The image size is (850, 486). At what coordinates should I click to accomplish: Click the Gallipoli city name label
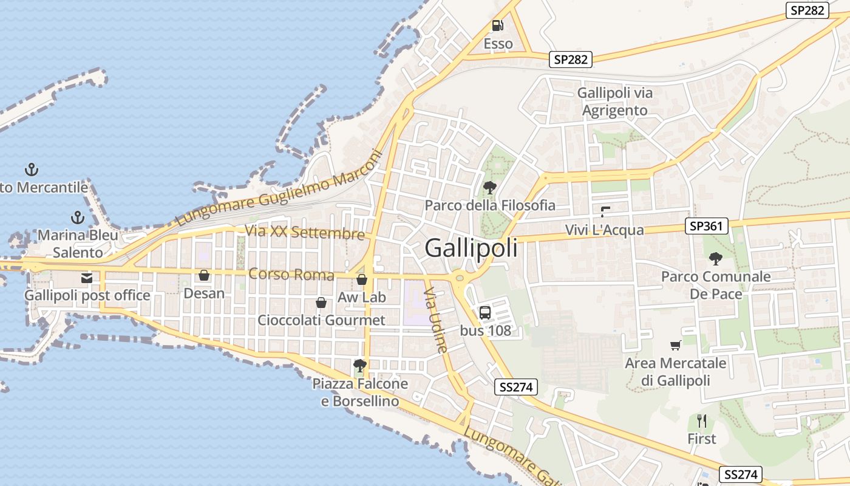click(471, 248)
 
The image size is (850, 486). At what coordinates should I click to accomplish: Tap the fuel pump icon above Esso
click(498, 26)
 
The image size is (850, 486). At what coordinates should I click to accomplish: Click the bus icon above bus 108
click(485, 313)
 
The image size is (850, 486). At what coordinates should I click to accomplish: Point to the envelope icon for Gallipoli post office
click(87, 278)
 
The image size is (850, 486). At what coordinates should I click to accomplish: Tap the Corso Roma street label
click(291, 274)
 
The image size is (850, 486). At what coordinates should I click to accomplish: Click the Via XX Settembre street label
click(305, 232)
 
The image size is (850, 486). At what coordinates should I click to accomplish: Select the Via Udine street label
click(437, 321)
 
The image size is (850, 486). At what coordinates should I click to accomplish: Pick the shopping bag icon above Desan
click(204, 276)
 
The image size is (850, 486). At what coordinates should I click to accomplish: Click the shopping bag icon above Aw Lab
click(362, 279)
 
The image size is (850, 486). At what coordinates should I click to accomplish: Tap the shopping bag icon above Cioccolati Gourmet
click(321, 303)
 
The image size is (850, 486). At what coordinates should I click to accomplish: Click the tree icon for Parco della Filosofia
click(490, 188)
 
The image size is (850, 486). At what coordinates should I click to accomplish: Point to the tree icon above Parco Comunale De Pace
click(716, 259)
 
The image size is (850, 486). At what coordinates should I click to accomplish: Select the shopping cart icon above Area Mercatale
click(676, 346)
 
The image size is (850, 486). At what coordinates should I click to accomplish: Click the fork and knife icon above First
click(702, 420)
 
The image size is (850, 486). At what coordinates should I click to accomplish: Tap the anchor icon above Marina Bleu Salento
click(78, 217)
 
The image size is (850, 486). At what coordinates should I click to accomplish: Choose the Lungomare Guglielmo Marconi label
click(280, 188)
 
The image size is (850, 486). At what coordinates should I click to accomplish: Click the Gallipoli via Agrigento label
click(614, 102)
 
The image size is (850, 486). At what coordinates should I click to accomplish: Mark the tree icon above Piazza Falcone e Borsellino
click(360, 366)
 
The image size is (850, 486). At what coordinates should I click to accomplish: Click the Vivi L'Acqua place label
click(604, 230)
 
